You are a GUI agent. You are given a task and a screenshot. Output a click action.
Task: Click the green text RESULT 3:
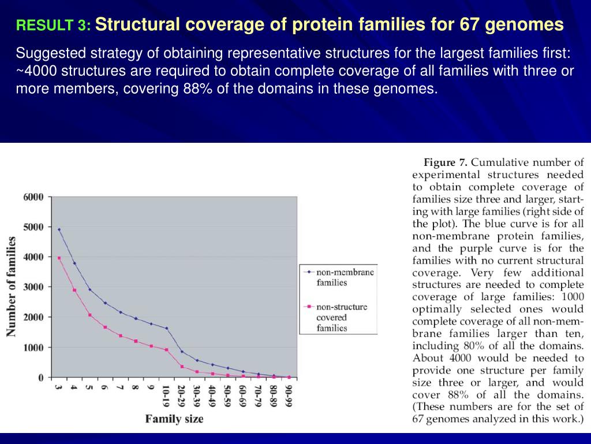tap(53, 26)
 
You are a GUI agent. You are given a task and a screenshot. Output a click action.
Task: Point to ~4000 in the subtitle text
tap(36, 71)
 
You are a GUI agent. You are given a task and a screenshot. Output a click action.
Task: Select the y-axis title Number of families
tap(11, 286)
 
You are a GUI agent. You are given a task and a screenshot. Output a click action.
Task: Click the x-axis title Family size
tap(174, 419)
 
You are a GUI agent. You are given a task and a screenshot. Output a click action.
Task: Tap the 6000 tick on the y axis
tap(33, 197)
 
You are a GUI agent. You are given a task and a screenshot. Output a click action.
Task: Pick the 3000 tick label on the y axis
tap(33, 287)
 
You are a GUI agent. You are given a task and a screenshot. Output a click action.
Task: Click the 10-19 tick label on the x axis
tap(166, 396)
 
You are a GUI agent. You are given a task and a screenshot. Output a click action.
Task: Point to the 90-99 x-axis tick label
tap(289, 396)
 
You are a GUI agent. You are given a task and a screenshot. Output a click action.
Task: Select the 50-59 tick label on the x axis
tap(227, 396)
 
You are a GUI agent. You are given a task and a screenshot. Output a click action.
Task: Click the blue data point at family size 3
tap(59, 230)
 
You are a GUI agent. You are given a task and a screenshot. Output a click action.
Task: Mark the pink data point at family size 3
tap(59, 258)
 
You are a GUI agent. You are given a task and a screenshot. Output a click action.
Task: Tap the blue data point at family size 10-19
tap(166, 328)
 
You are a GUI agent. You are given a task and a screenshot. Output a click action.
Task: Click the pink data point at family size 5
tap(89, 315)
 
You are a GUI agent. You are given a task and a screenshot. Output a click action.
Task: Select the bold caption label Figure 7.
tap(448, 162)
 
